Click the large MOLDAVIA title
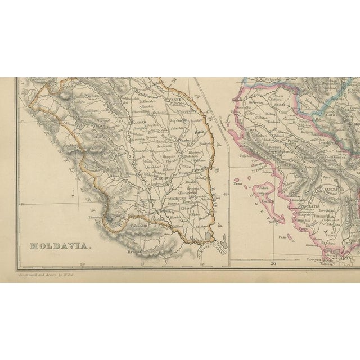click(x=56, y=246)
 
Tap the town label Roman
click(x=138, y=120)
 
